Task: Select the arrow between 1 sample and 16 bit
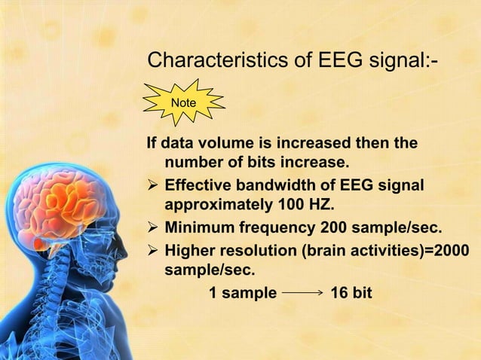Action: tap(303, 292)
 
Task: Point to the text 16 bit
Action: tap(351, 292)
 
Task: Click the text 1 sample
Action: tap(242, 292)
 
